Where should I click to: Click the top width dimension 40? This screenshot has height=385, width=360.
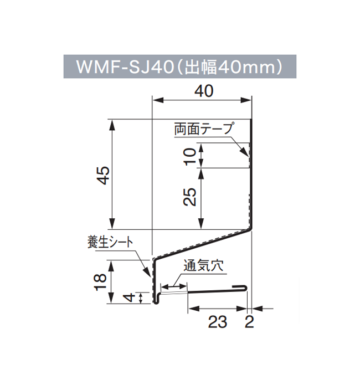point(203,91)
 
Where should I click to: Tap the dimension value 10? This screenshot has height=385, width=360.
point(190,156)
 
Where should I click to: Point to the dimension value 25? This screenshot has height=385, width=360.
point(190,197)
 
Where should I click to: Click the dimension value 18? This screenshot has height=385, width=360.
point(101,282)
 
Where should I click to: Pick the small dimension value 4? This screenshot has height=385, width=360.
point(128,298)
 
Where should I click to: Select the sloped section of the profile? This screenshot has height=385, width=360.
point(202,243)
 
